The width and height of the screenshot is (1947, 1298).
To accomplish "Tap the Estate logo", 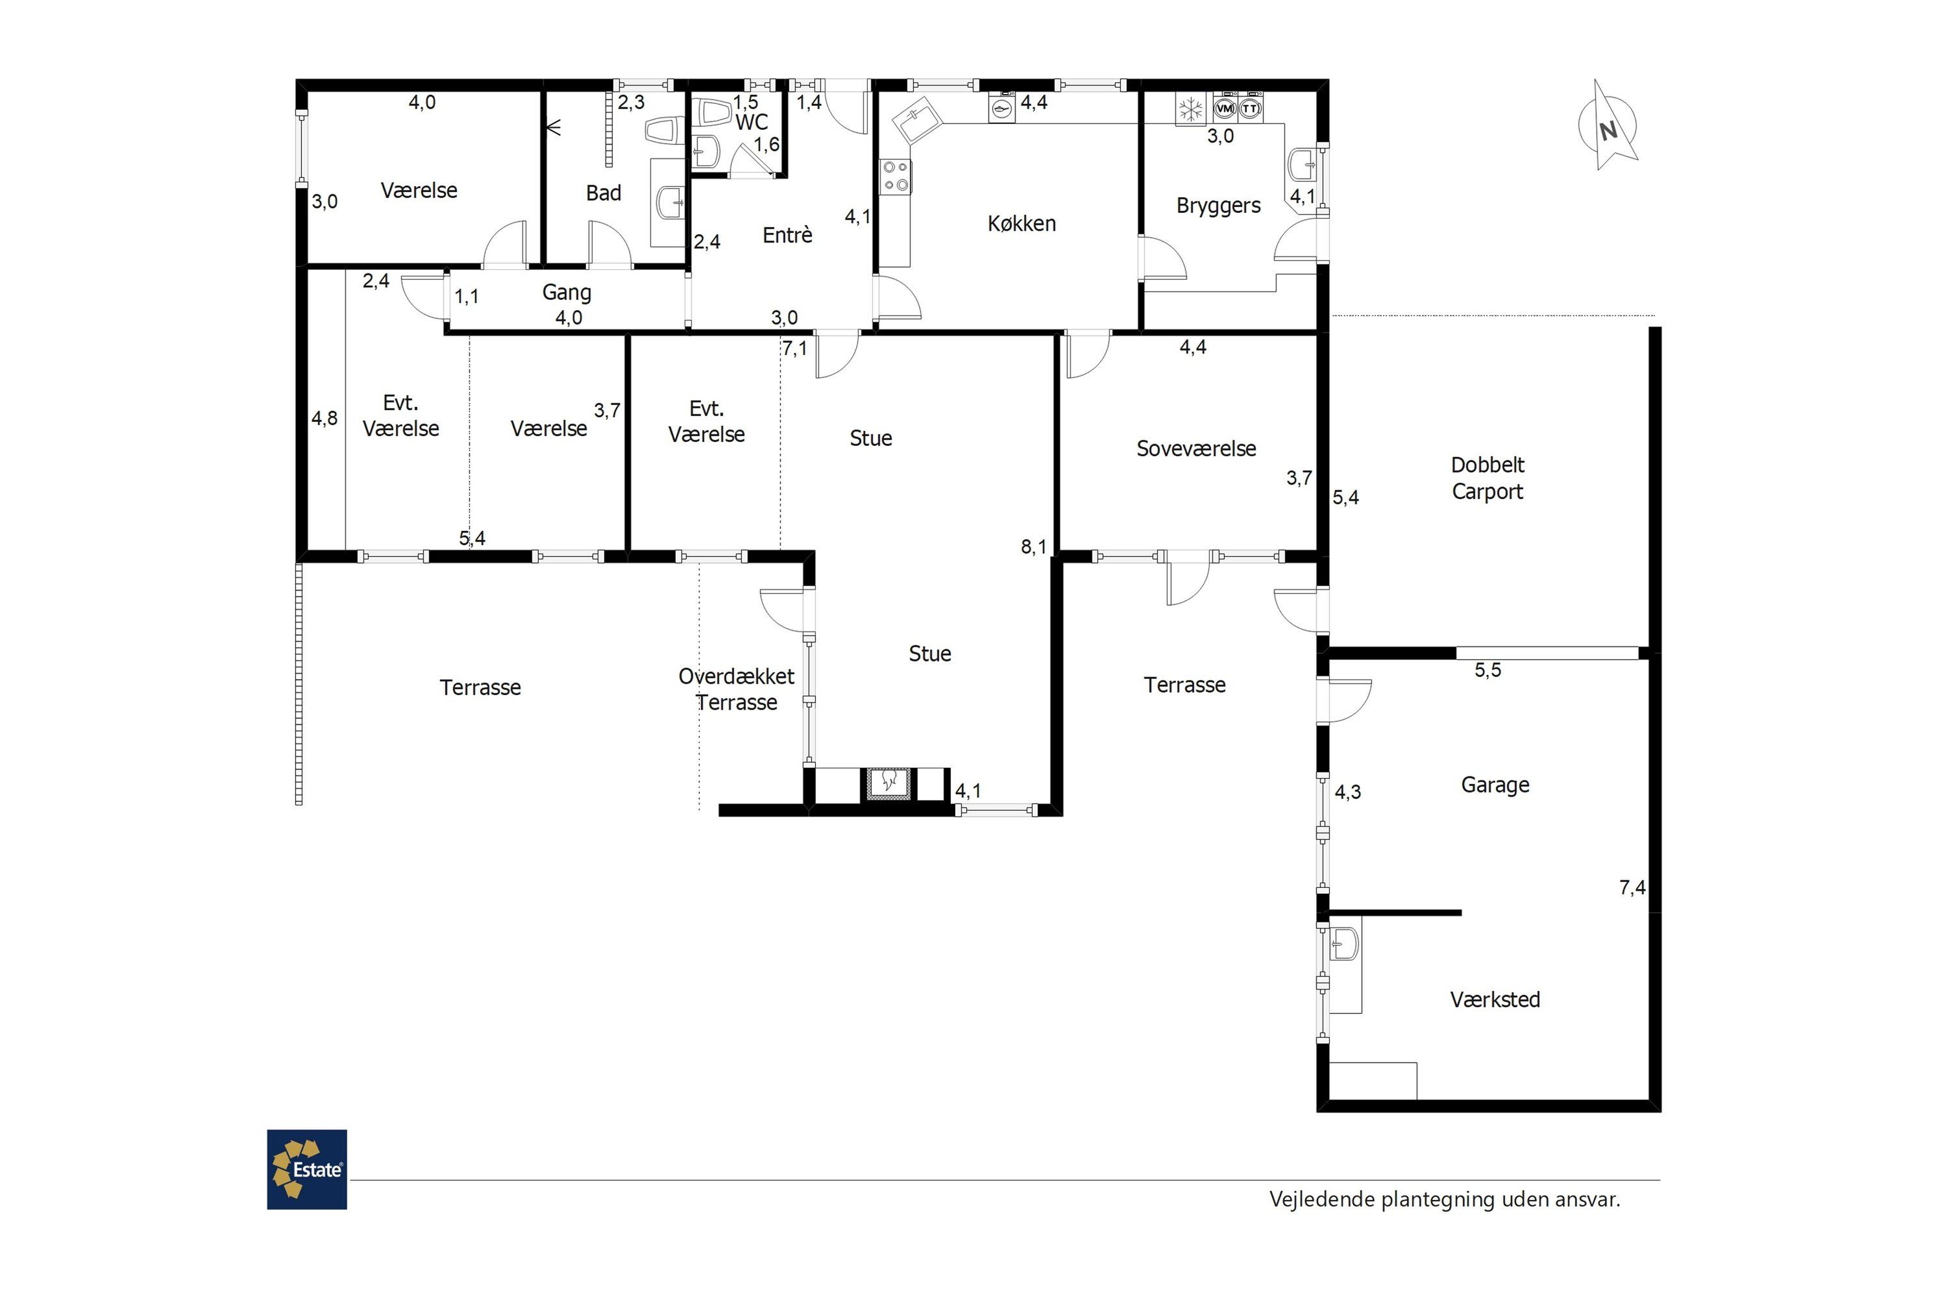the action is pos(307,1169).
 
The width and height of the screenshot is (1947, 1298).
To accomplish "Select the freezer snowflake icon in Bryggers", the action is pos(1190,109).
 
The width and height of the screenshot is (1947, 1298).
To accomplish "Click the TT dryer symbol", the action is pos(1250,108).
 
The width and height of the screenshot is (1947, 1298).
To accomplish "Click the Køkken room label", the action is pos(1022,223).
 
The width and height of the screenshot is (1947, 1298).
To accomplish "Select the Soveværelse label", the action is pos(1196,448).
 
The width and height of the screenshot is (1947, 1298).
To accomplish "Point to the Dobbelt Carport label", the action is pos(1488,478).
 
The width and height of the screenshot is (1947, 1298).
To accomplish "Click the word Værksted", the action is pos(1495,999).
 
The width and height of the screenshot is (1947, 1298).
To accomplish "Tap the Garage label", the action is pos(1495,785).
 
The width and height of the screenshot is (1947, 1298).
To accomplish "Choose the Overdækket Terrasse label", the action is pos(736,689).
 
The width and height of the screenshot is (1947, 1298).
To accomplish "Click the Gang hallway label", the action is pos(567,292).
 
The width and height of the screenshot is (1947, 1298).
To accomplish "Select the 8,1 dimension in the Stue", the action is pos(1033,546).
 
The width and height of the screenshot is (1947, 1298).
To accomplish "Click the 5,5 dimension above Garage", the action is pos(1488,670).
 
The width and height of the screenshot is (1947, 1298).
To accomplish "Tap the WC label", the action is pos(752,123).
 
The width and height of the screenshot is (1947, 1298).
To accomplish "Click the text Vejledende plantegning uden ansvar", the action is pos(1445,1199).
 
